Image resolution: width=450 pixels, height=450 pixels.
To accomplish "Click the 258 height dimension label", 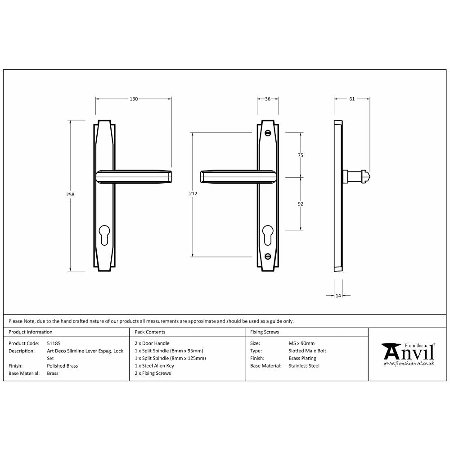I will coord(70,195).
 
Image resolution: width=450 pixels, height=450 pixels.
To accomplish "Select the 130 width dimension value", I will coord(134,99).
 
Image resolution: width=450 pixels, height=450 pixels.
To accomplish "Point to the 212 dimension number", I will coord(193,193).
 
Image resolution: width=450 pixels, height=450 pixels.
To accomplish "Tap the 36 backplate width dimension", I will coord(268,99).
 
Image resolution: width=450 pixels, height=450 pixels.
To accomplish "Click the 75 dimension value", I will coord(301,155).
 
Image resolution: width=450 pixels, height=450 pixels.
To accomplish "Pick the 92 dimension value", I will coord(301,204).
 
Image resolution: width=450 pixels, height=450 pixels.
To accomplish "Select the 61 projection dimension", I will coord(352,99).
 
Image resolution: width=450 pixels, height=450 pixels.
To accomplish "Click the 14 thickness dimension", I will coord(338,295).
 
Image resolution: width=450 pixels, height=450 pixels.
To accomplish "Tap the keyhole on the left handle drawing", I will coord(104,234).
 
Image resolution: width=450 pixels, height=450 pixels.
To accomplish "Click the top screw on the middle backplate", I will coord(268,133).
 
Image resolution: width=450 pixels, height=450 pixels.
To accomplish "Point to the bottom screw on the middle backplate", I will coord(268,256).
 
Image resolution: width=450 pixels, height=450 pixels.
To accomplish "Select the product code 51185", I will coord(54,343).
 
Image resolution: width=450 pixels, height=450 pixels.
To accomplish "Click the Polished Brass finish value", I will coord(62,366).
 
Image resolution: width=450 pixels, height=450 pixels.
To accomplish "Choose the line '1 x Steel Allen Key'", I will coord(154,366).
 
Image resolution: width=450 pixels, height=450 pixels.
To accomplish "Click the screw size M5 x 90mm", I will coord(301,343).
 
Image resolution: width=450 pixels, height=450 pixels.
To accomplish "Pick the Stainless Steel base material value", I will coord(304,366).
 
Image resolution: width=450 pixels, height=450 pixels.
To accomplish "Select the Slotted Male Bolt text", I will coord(307,351).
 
